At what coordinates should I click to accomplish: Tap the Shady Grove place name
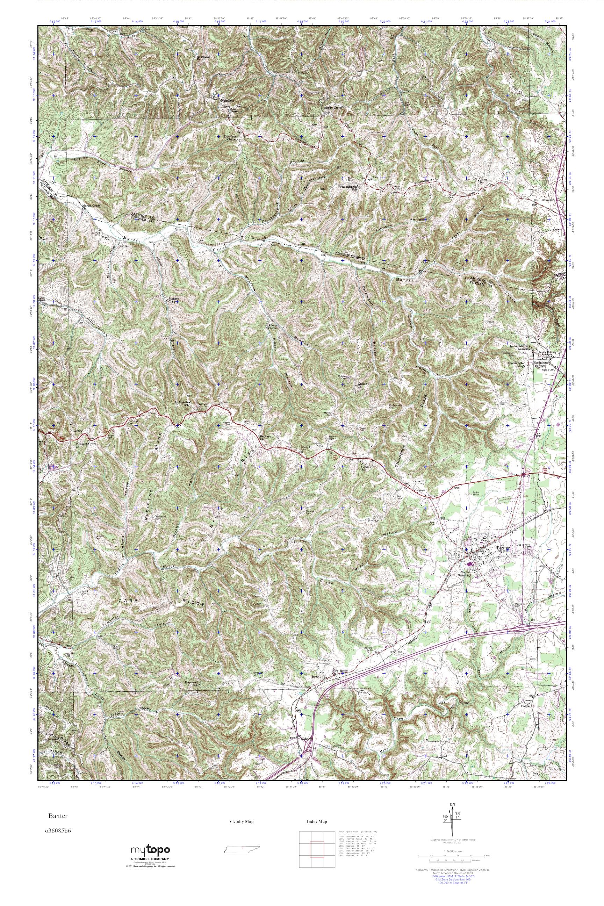333,108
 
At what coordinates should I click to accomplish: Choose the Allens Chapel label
273,328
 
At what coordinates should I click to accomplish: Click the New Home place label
340,671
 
